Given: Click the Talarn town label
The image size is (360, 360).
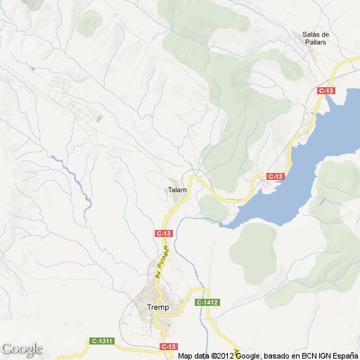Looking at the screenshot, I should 176,190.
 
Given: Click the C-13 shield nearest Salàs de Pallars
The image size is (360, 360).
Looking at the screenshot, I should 325,91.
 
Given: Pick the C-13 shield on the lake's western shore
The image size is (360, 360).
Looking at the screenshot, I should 274,176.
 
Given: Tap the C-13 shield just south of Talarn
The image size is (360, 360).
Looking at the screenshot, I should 163,233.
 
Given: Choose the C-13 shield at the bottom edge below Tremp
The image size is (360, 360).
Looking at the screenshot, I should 169,347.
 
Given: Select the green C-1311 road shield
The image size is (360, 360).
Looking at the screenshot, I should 103,341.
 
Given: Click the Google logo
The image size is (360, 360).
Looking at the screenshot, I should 22,349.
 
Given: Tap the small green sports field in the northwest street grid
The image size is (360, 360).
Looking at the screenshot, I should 98,117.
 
